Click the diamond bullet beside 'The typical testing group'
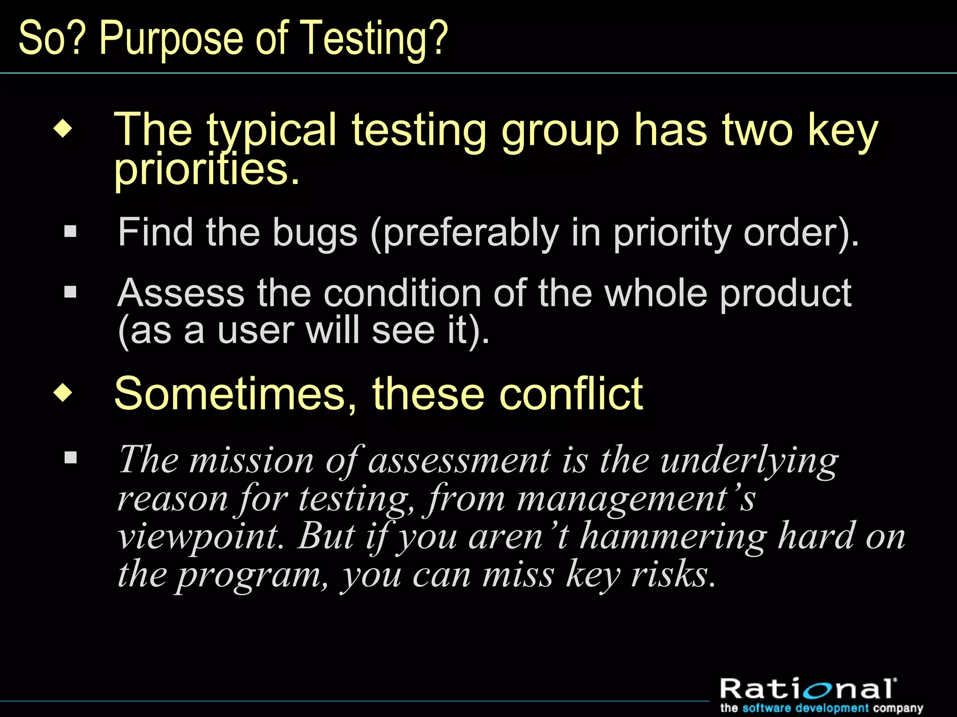(x=63, y=129)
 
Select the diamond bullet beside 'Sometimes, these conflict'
(x=63, y=393)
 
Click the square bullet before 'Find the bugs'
(x=70, y=232)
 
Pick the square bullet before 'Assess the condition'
(x=70, y=292)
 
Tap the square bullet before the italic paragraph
(x=71, y=457)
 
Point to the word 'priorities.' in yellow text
(x=207, y=170)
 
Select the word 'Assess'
(x=181, y=293)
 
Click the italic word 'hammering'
(x=673, y=537)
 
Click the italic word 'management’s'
(x=636, y=499)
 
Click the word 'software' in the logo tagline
(x=766, y=708)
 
